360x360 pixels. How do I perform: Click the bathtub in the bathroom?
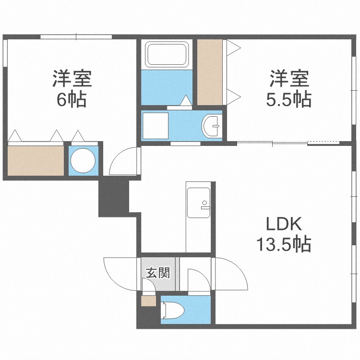pyautogui.click(x=166, y=54)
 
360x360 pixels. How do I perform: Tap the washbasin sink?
pyautogui.click(x=212, y=126)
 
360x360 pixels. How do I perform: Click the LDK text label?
pyautogui.click(x=283, y=225)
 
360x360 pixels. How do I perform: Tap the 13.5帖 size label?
pyautogui.click(x=283, y=245)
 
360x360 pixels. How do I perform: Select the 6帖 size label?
pyautogui.click(x=72, y=100)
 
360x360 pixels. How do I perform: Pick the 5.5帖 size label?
pyautogui.click(x=288, y=99)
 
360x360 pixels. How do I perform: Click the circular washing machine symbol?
pyautogui.click(x=84, y=160)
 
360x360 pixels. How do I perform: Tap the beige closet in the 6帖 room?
pyautogui.click(x=36, y=160)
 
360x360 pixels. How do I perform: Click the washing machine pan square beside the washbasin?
pyautogui.click(x=155, y=125)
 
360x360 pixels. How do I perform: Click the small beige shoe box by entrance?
pyautogui.click(x=148, y=302)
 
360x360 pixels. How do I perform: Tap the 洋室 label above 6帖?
pyautogui.click(x=72, y=78)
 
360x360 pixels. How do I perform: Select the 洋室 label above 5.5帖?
pyautogui.click(x=288, y=78)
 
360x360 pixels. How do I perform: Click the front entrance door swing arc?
pyautogui.click(x=119, y=274)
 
